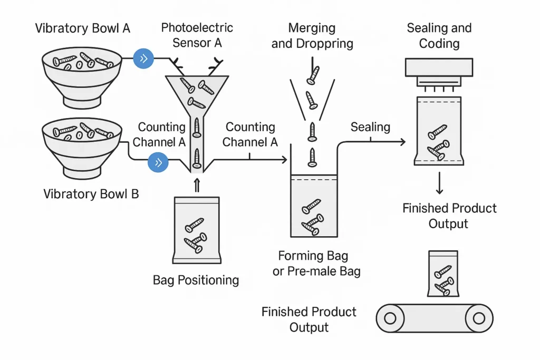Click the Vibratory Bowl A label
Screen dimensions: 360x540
tap(82, 28)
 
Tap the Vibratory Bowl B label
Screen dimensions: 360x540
tap(91, 194)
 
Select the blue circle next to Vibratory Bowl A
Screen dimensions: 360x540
tap(143, 58)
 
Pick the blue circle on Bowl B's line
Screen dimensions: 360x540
tap(158, 162)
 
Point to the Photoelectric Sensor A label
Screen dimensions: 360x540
tap(197, 35)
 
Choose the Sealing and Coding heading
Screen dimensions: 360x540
tap(439, 35)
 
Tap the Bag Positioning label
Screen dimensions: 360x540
tap(196, 280)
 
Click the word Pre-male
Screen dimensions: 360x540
tap(316, 271)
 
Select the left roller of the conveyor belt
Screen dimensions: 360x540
tap(390, 318)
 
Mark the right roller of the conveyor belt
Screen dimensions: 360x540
tap(479, 318)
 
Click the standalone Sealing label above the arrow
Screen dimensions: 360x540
tap(370, 127)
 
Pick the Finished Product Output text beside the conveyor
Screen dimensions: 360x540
tap(309, 319)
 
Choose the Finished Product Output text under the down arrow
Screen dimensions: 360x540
tap(449, 216)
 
